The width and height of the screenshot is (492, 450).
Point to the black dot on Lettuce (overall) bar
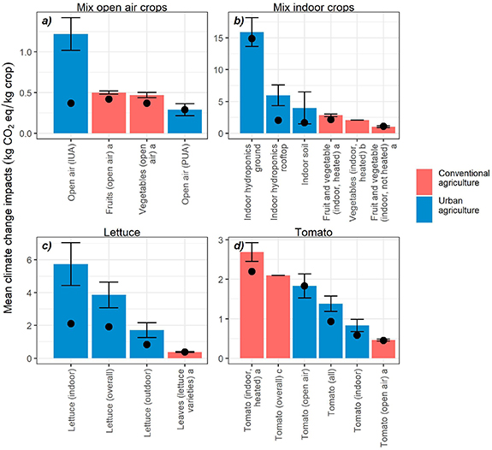coord(110,327)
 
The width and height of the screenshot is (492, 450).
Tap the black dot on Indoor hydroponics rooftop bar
coord(278,121)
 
